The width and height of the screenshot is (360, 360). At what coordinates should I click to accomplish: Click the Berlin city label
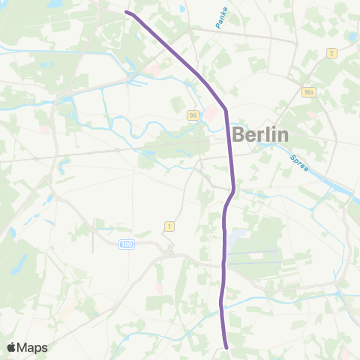[260, 135]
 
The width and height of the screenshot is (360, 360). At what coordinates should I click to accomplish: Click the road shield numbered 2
[331, 52]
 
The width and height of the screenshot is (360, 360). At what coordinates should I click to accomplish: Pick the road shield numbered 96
[193, 115]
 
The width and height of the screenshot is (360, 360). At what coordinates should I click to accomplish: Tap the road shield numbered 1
[169, 226]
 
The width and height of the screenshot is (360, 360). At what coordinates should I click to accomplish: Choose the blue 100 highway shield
[126, 244]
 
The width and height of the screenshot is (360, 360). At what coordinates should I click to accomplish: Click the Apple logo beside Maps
[12, 347]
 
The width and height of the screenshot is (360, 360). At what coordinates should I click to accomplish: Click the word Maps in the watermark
[33, 347]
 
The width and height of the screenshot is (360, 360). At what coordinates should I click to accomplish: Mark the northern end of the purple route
[126, 13]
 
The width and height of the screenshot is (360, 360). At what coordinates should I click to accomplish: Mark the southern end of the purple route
[226, 346]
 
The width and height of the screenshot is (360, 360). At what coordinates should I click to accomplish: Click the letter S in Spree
[292, 152]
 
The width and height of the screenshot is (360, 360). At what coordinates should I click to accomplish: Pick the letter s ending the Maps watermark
[44, 348]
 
